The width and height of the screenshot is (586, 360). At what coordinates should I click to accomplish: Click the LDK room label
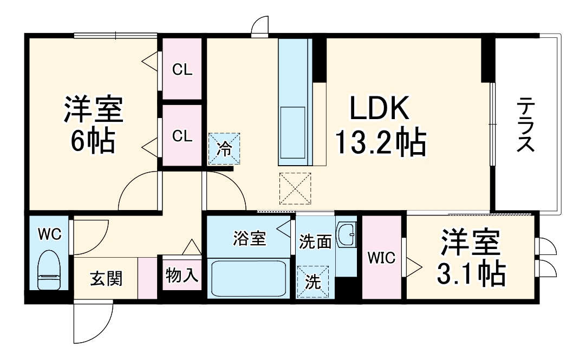click(x=379, y=110)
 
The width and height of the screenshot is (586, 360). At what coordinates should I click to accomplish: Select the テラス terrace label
click(x=525, y=125)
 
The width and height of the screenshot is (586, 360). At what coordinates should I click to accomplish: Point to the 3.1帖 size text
click(x=471, y=274)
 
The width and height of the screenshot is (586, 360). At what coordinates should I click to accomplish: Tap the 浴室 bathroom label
click(x=250, y=239)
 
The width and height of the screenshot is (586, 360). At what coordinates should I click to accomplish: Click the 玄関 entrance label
click(x=106, y=279)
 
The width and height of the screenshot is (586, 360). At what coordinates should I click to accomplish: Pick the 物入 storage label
click(x=182, y=276)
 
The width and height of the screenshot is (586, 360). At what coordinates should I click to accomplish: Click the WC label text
click(x=49, y=234)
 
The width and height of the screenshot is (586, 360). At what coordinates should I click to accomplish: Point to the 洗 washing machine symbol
click(x=312, y=282)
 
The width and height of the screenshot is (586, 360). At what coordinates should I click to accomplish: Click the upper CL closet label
click(x=182, y=70)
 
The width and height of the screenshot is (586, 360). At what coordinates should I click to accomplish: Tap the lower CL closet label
click(x=182, y=136)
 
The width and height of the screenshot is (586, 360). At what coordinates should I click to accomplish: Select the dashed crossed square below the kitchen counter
click(x=295, y=188)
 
